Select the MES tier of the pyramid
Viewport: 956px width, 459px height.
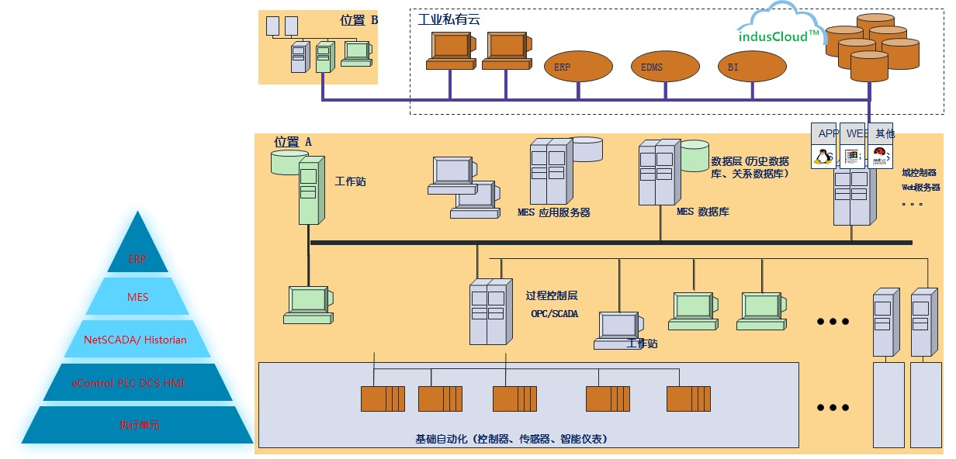137,296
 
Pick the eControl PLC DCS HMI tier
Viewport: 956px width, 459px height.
137,383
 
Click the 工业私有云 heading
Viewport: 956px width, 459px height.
449,19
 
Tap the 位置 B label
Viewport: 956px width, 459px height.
358,20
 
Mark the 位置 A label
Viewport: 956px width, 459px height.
293,142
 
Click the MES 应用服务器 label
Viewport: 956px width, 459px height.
553,212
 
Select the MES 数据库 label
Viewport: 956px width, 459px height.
702,211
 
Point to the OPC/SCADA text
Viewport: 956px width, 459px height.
554,314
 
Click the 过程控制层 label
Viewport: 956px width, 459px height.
551,295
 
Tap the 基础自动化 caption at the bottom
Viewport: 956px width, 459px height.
511,439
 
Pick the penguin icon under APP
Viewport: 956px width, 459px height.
823,156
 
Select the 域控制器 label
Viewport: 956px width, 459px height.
919,173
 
